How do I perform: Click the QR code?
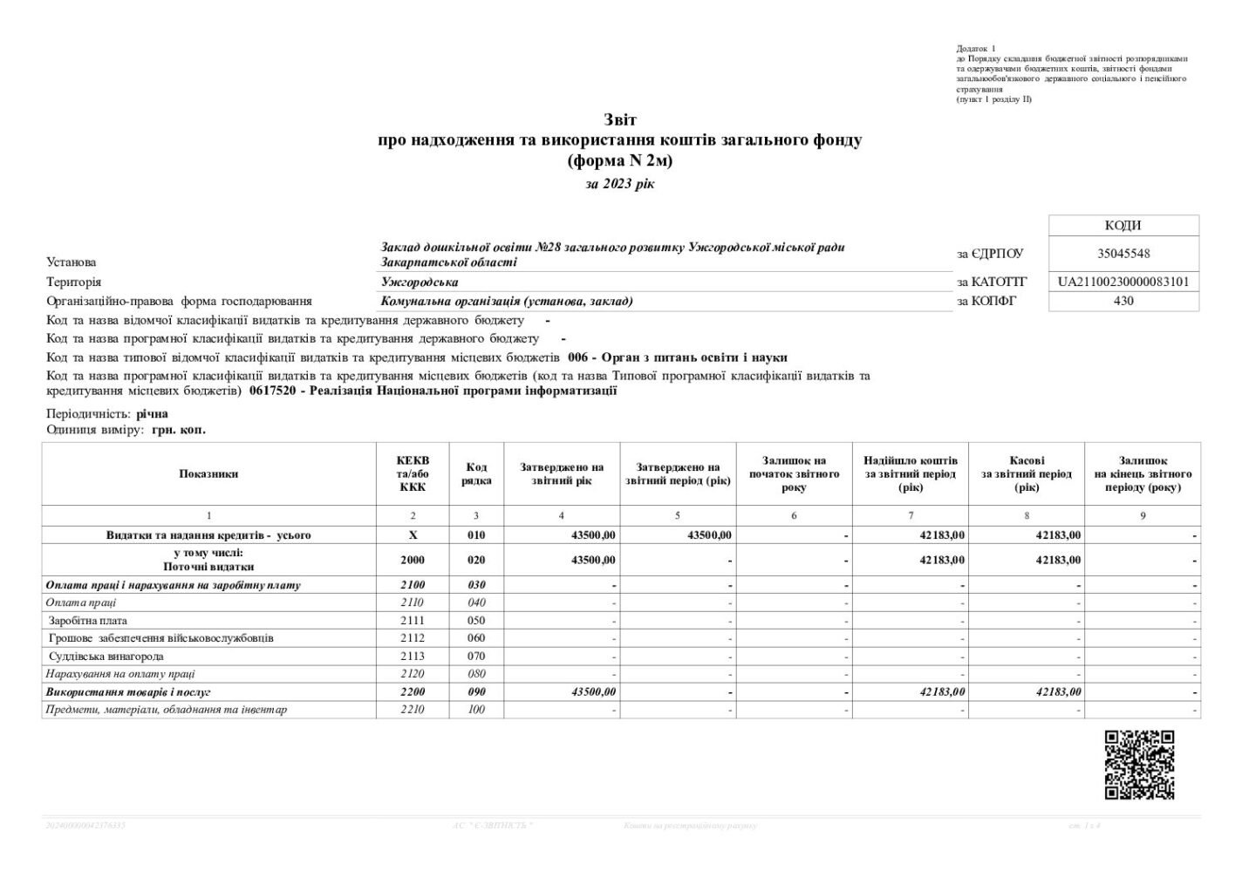[x=1139, y=765]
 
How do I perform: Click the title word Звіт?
[x=620, y=119]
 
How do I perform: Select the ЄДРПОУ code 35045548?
[x=1123, y=254]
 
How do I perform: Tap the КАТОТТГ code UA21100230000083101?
[x=1123, y=282]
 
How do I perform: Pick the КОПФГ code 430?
[x=1123, y=301]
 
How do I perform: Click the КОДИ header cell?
[x=1123, y=226]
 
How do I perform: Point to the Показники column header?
[x=208, y=473]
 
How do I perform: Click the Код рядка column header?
[x=476, y=473]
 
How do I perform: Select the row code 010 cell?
[x=476, y=534]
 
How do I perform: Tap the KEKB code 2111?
[x=412, y=620]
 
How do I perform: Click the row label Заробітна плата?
[x=88, y=620]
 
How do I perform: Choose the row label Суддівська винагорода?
[x=106, y=656]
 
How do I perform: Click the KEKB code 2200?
[x=412, y=691]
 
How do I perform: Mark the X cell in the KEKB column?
[x=413, y=534]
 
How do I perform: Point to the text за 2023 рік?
[x=620, y=184]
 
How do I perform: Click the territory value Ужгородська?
[x=420, y=282]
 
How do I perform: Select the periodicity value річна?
[x=152, y=413]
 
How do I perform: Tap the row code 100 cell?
[x=476, y=709]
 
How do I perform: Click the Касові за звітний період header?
[x=1027, y=473]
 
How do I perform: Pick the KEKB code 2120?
[x=412, y=673]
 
